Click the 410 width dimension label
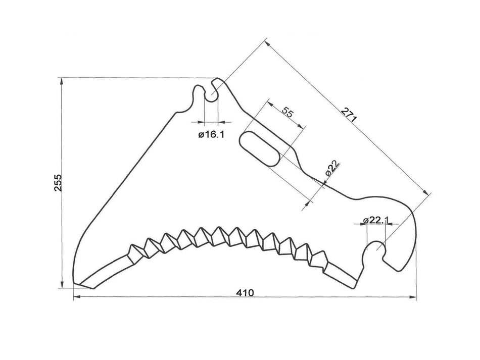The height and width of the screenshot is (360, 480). click(245, 292)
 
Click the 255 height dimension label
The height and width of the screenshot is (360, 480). click(57, 183)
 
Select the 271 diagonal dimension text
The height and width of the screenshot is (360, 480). click(348, 114)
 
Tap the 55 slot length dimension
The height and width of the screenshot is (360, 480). click(286, 112)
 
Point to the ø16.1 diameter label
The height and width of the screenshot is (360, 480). click(211, 135)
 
